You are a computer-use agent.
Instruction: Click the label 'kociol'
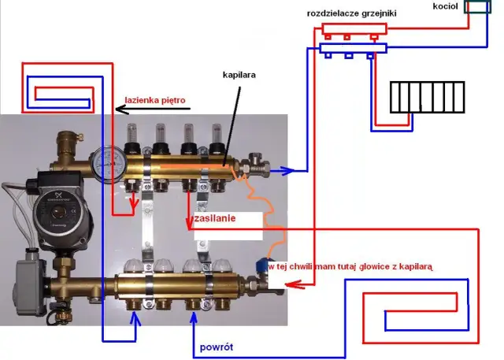point(445,6)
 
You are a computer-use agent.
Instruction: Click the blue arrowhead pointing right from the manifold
point(294,169)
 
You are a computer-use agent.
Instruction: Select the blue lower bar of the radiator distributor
point(353,49)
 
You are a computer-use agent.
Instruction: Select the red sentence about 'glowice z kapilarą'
point(351,268)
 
